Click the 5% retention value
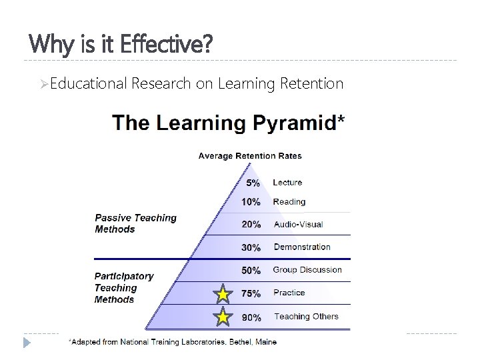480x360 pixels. click(x=253, y=183)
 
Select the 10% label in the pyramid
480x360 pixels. click(x=251, y=202)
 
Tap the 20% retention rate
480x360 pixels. click(x=251, y=225)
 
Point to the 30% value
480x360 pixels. click(x=251, y=247)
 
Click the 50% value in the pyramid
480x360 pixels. click(x=251, y=271)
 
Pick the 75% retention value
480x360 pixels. click(x=251, y=293)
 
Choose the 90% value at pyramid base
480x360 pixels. click(x=251, y=318)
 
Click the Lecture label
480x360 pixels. click(x=287, y=182)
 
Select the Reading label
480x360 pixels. click(x=289, y=201)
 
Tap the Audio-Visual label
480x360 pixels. click(x=299, y=225)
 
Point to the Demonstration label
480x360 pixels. click(x=302, y=247)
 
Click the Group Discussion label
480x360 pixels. click(x=307, y=270)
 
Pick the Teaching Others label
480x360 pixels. click(x=306, y=317)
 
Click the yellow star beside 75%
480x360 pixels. click(x=223, y=294)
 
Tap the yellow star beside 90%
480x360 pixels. click(x=223, y=318)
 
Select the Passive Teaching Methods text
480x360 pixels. click(x=135, y=223)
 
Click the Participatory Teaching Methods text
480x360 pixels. click(x=124, y=287)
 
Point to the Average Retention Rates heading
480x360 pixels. click(x=250, y=156)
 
